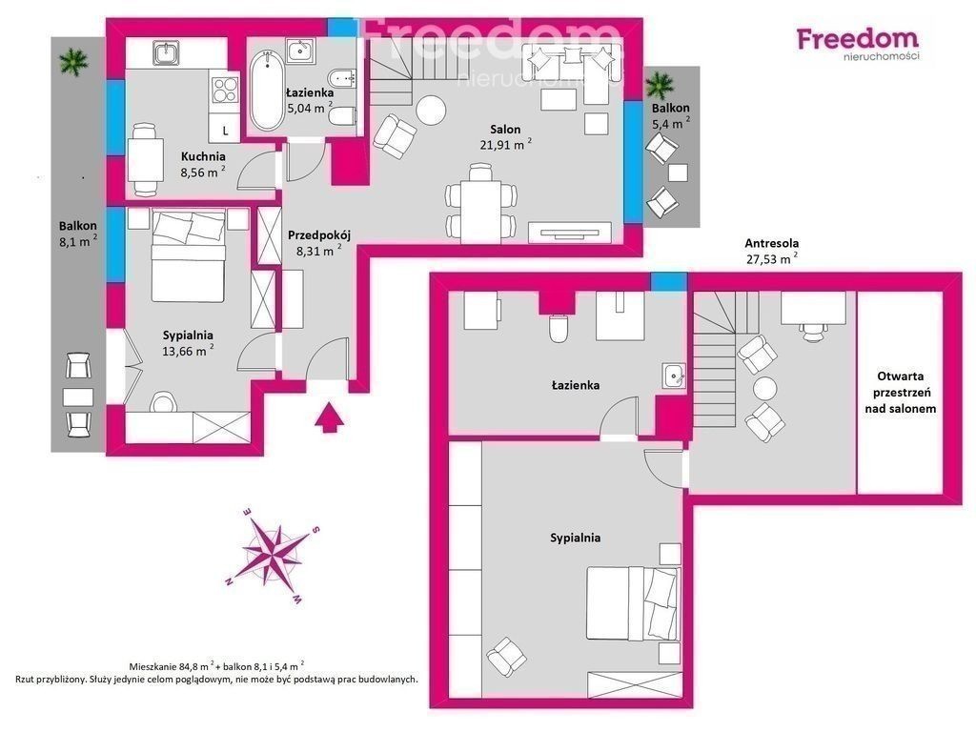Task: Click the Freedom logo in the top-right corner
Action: click(x=858, y=43)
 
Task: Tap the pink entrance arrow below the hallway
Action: click(x=329, y=417)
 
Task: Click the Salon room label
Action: click(x=505, y=130)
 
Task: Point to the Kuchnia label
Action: click(x=203, y=157)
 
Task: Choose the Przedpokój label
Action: click(x=319, y=235)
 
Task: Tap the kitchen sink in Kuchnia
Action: click(x=166, y=52)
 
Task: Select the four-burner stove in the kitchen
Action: click(x=225, y=89)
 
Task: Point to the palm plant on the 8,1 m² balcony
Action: click(x=74, y=61)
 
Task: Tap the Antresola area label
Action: click(x=772, y=243)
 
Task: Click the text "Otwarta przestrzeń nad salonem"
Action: click(x=900, y=392)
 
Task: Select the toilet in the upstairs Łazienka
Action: click(x=559, y=328)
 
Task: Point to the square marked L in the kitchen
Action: click(x=225, y=131)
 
